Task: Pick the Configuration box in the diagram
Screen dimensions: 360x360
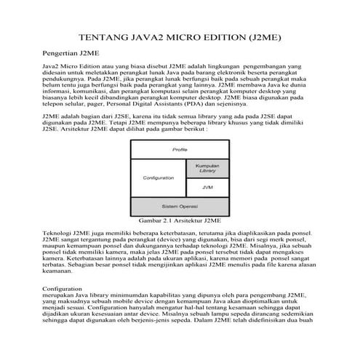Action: click(158, 178)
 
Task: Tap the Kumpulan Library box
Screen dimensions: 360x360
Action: click(207, 169)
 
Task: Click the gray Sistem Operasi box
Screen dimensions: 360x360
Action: click(180, 207)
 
